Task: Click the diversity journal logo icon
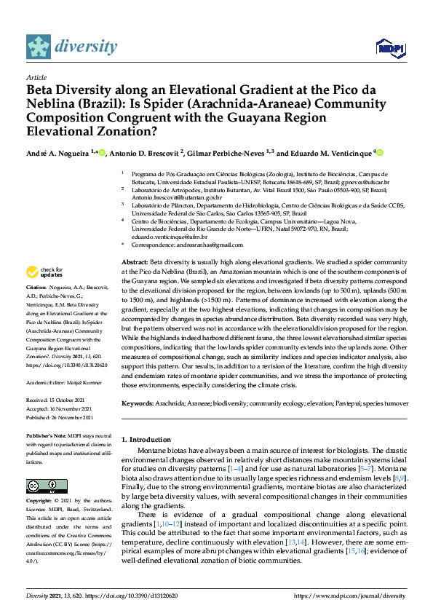[x=39, y=47]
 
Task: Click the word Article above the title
[x=36, y=76]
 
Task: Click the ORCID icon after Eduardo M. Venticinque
[x=380, y=152]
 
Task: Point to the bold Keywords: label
[x=139, y=403]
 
